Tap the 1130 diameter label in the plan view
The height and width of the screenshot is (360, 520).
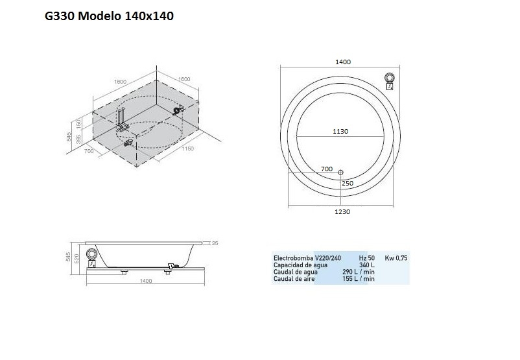340,131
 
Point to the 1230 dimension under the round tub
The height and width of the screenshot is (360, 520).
342,211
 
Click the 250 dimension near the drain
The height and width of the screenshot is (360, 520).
348,183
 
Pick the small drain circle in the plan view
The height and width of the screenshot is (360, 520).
341,172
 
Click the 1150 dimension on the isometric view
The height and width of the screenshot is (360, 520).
187,149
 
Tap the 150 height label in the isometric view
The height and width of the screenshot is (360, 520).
78,123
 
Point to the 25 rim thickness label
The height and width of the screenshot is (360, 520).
214,243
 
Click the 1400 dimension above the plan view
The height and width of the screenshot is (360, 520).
343,62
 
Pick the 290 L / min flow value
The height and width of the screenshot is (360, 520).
359,271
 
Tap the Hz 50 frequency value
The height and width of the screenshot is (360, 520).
367,258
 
